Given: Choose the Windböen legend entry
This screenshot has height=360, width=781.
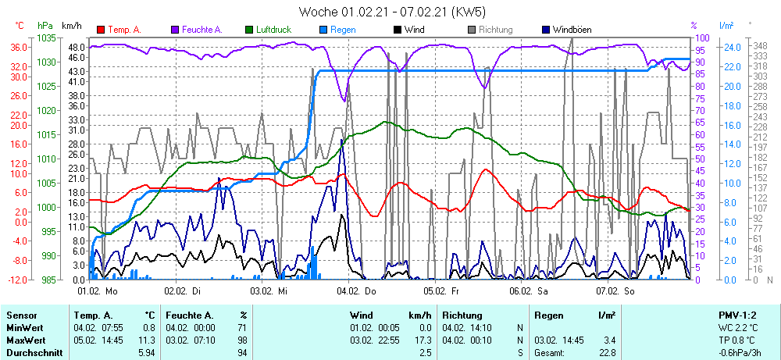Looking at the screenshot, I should coord(572,30).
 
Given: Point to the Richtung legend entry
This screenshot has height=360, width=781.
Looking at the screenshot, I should coord(495,30).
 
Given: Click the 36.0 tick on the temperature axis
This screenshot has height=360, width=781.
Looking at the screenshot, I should coord(20,47).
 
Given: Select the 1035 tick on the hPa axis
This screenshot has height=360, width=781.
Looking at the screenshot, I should coord(46,37).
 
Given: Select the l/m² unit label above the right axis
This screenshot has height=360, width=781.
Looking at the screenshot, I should coord(726,25).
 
